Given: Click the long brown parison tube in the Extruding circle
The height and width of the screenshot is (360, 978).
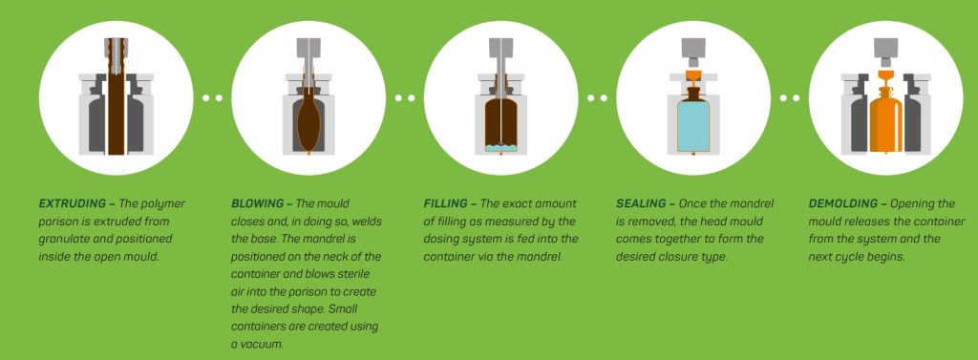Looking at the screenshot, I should pyautogui.click(x=116, y=105).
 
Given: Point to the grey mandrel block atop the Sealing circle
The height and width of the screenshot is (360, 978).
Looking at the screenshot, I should pyautogui.click(x=693, y=48).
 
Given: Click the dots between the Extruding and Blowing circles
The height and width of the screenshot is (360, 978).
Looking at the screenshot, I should pyautogui.click(x=212, y=97).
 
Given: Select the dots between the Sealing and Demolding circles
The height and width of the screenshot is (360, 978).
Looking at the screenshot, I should pyautogui.click(x=790, y=97).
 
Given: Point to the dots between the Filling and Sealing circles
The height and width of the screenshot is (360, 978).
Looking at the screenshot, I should pyautogui.click(x=597, y=97).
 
